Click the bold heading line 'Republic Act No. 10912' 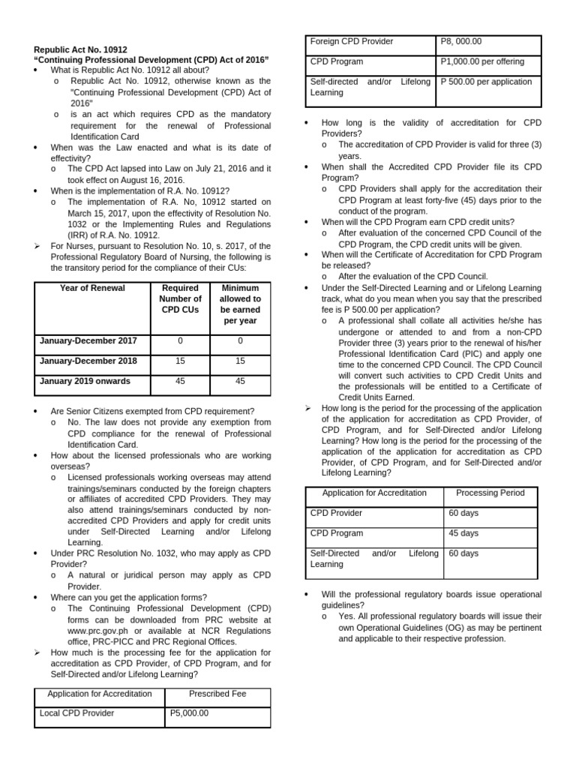(x=81, y=49)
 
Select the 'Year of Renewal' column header (x=91, y=288)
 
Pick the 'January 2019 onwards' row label (x=85, y=381)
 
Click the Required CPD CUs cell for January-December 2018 (x=180, y=361)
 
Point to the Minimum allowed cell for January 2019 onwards (x=240, y=381)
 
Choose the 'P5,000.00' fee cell (x=188, y=713)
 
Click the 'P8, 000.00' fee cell (x=461, y=42)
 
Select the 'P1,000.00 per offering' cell (x=482, y=61)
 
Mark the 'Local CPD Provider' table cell (x=76, y=713)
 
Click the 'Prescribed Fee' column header (x=217, y=694)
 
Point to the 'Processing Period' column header (x=490, y=493)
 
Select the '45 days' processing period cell (x=463, y=533)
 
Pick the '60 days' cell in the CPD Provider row (x=463, y=513)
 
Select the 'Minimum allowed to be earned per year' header (x=240, y=304)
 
